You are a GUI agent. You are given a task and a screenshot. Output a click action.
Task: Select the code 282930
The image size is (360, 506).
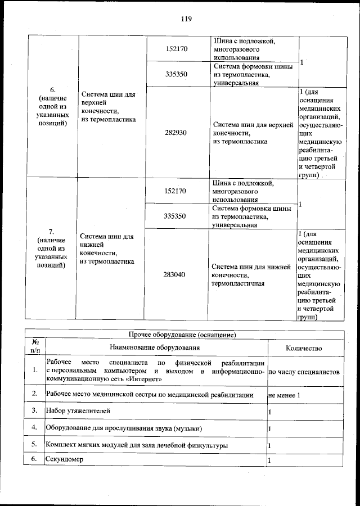[x=176, y=133]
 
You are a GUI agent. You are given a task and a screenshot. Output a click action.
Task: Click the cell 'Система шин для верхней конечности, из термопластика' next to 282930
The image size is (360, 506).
[x=253, y=133]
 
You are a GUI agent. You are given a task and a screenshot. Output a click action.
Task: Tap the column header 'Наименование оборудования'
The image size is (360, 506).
[x=156, y=349]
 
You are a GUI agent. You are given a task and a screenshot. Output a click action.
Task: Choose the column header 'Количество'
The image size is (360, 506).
[x=304, y=349]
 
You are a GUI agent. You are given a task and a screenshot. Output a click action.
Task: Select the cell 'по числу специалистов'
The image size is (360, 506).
[x=304, y=372]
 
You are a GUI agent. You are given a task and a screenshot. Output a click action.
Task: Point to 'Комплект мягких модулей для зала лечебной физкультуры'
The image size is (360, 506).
[x=137, y=445]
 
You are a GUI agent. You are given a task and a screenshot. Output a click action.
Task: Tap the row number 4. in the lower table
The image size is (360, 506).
[x=35, y=428]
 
